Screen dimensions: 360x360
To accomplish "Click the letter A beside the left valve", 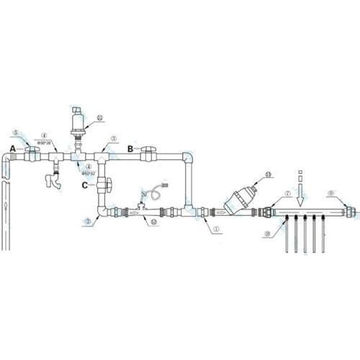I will pyautogui.click(x=12, y=148).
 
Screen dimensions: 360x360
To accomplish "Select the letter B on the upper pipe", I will pyautogui.click(x=130, y=148).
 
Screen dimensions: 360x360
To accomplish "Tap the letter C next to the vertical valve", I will pyautogui.click(x=85, y=185).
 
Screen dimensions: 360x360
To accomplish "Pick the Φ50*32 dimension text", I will pyautogui.click(x=89, y=173).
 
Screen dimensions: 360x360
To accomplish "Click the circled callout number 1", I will pyautogui.click(x=214, y=229).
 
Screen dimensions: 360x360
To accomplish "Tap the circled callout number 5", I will pyautogui.click(x=16, y=133).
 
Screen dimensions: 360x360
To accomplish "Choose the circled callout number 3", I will pyautogui.click(x=113, y=138).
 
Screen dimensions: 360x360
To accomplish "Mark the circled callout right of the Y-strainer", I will pyautogui.click(x=269, y=174).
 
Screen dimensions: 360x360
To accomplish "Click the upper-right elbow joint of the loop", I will pyautogui.click(x=188, y=156).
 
